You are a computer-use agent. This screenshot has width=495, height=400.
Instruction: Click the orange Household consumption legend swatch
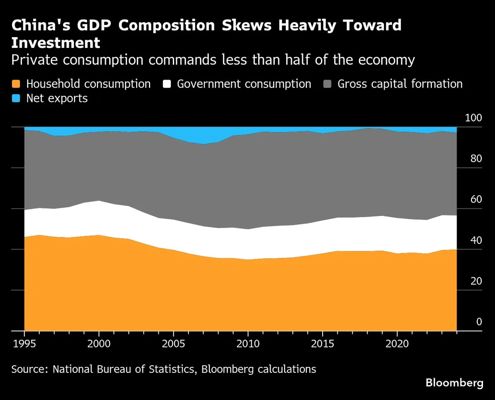[16, 84]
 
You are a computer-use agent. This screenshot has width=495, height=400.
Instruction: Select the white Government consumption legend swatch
[167, 84]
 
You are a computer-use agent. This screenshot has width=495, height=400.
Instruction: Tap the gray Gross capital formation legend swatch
[328, 84]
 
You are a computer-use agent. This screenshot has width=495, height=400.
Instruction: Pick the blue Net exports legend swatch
[16, 98]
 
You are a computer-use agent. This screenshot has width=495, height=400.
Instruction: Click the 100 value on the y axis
[473, 118]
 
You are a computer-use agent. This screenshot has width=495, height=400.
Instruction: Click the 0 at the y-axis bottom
[479, 322]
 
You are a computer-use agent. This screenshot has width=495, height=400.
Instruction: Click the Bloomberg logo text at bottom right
[454, 383]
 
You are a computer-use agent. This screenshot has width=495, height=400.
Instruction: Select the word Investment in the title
[56, 43]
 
